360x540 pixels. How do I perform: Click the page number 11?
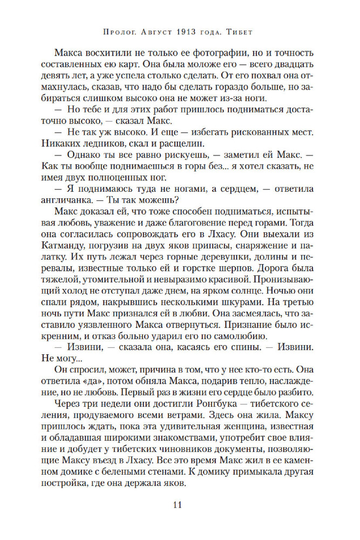(180, 505)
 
